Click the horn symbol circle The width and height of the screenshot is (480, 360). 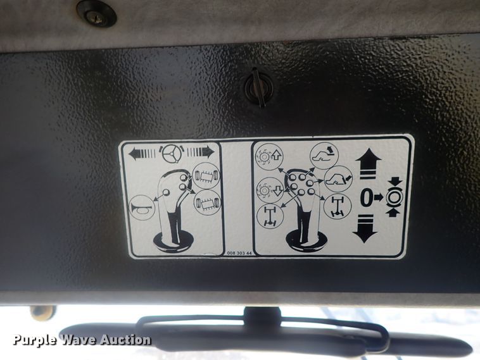click(x=142, y=208)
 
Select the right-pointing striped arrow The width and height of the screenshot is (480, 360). click(x=200, y=152)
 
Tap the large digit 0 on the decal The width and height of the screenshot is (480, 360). click(x=366, y=197)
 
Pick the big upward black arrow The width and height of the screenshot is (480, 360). click(x=369, y=163)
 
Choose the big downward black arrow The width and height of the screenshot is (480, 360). click(x=365, y=228)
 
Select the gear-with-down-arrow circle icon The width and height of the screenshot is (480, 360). click(x=270, y=190)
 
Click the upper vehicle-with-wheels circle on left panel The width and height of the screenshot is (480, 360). click(x=206, y=177)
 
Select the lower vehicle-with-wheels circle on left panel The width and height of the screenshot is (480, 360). click(x=207, y=203)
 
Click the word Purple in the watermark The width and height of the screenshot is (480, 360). click(x=34, y=340)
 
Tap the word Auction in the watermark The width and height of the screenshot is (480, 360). click(x=125, y=339)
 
